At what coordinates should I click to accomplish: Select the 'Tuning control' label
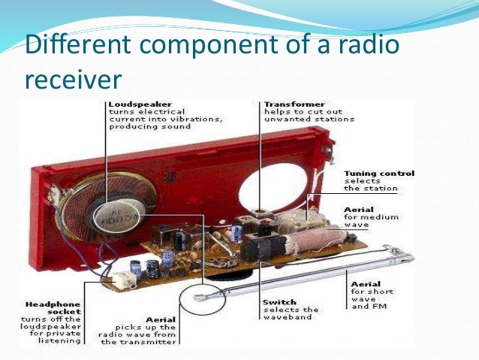[378, 174]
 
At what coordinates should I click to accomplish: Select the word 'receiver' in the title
[73, 79]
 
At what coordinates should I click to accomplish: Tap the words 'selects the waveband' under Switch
[291, 313]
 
